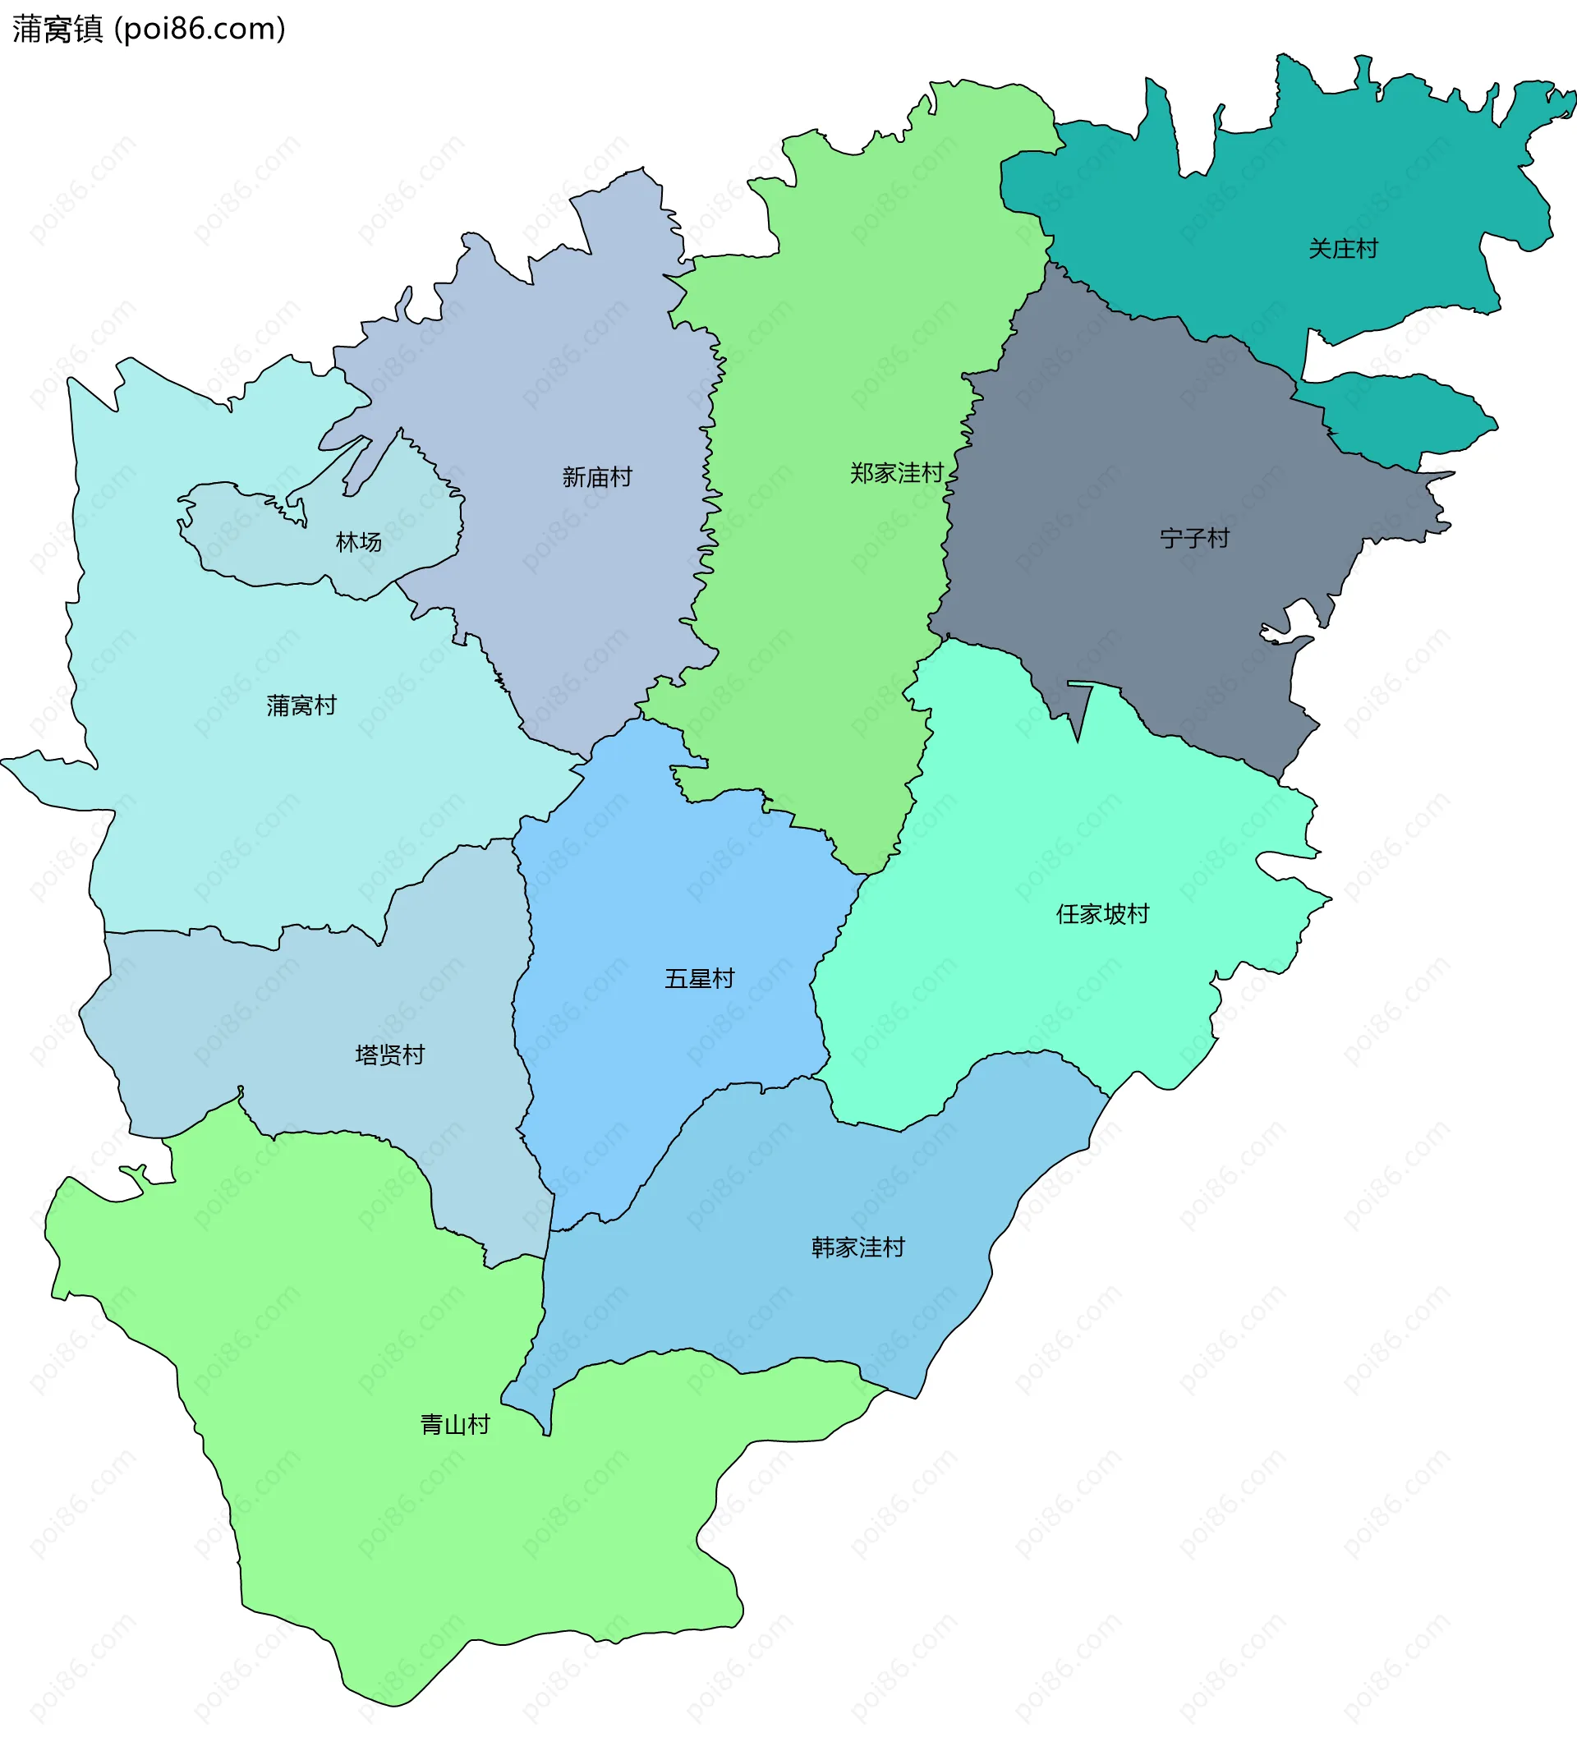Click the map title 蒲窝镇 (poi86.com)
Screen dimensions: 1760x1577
coord(148,29)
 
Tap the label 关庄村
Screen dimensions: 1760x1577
coord(1342,250)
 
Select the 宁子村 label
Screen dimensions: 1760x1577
coord(1194,539)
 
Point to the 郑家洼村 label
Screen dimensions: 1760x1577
coord(896,473)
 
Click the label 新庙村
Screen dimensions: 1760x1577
coord(597,477)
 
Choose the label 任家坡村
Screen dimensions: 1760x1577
coord(1102,914)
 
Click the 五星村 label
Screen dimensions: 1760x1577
coord(699,979)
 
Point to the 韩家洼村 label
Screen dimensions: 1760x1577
coord(857,1248)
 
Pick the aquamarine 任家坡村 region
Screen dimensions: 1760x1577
coord(1040,996)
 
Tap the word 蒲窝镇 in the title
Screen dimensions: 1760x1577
coord(57,29)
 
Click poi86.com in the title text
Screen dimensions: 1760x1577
coord(200,29)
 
